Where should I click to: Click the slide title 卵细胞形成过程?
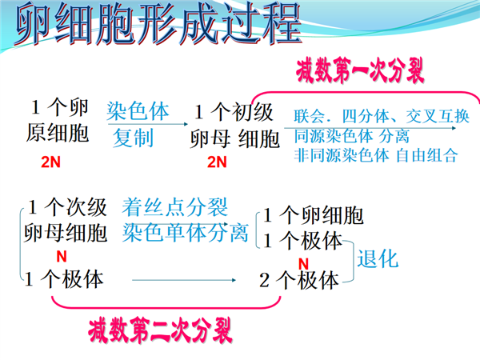click(x=158, y=23)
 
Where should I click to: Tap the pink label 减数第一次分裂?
click(x=360, y=70)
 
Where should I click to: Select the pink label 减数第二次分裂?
click(x=160, y=330)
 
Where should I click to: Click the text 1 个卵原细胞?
click(x=58, y=120)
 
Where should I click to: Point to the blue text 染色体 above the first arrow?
click(x=138, y=111)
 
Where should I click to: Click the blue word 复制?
click(x=133, y=138)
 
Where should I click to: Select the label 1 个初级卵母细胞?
click(x=234, y=126)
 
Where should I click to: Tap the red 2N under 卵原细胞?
click(x=51, y=162)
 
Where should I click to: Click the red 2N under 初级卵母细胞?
click(x=217, y=162)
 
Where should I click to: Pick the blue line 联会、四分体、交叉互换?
click(x=382, y=116)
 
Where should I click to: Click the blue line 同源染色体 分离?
click(x=352, y=136)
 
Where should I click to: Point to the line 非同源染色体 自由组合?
click(x=376, y=155)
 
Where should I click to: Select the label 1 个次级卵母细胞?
click(x=66, y=220)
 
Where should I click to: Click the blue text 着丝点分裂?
click(x=174, y=207)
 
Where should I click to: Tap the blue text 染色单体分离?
click(x=186, y=233)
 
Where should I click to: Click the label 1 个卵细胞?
click(x=314, y=215)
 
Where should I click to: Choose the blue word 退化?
click(x=378, y=259)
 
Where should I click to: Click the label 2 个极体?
click(x=299, y=280)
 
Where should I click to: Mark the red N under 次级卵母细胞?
click(x=62, y=257)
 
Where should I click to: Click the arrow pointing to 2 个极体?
click(x=184, y=280)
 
